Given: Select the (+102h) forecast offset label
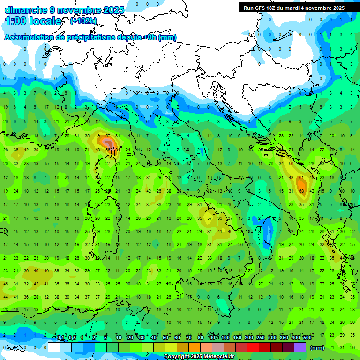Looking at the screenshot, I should pos(83,21).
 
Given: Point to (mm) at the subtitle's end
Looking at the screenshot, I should pos(167,37).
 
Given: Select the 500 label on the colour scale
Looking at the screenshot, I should pos(307,338).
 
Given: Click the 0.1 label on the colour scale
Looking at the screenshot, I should pos(60,338).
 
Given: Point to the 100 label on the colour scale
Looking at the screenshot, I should pos(225,338).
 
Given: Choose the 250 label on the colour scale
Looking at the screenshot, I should pos(261,338).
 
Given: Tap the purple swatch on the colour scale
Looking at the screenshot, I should pos(300,347).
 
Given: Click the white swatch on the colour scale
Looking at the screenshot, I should pos(54,347).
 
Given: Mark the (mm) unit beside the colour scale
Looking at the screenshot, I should pos(317,348).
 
